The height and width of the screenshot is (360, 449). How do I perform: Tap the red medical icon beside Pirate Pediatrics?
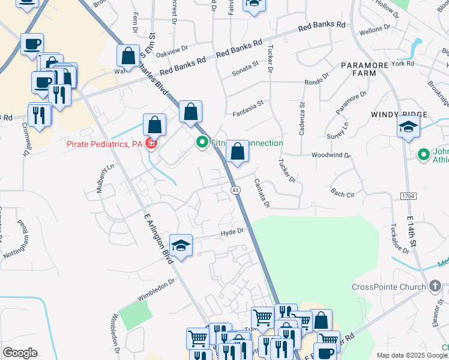coord(151,144)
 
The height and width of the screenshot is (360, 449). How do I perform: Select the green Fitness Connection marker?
coord(202,143)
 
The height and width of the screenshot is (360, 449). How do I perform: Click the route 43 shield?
coord(235,190)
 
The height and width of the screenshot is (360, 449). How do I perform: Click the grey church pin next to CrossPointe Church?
coord(435,287)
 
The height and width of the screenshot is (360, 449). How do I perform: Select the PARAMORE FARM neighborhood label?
coord(367,68)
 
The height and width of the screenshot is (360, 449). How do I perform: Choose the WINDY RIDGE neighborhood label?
coord(399,115)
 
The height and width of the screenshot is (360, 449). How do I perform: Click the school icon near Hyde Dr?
coord(181,246)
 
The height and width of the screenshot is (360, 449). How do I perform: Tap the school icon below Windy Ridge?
coord(408,128)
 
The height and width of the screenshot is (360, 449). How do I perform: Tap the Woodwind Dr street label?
coord(331,155)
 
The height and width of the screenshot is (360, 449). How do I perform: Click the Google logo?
coord(20,353)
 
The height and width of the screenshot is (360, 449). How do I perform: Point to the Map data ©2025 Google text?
coord(412,355)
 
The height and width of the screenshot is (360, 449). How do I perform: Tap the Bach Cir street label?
coord(343,193)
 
